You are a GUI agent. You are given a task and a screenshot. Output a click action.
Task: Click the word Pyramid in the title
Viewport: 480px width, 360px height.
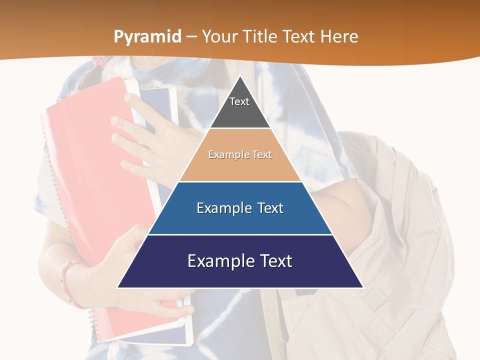coord(147,37)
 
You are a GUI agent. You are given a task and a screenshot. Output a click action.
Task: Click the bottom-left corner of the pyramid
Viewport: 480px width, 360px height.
coord(118,287)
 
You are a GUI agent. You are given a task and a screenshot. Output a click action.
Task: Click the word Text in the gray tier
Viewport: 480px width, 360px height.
coord(239,101)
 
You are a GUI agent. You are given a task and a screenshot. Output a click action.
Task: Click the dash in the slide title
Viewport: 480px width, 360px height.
coord(191,37)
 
